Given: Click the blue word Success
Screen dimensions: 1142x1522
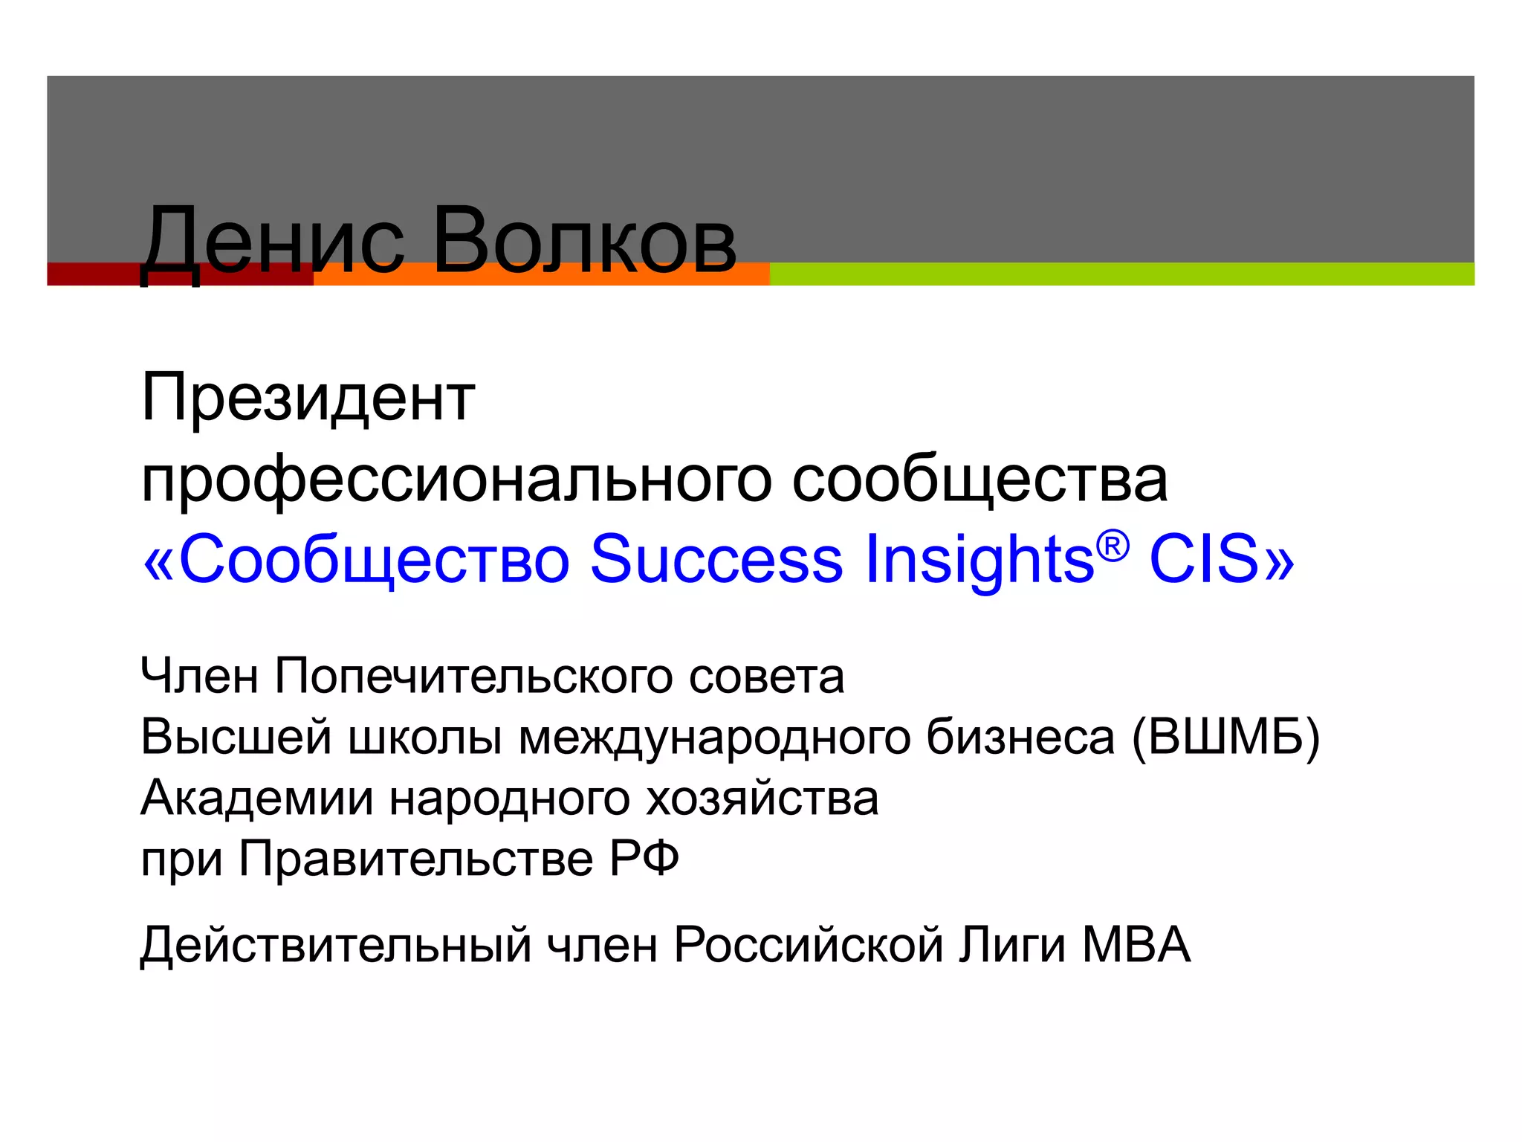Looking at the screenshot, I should (716, 559).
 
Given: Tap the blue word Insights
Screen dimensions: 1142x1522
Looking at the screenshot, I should (979, 559).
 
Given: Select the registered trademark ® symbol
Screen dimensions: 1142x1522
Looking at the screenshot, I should (1113, 547).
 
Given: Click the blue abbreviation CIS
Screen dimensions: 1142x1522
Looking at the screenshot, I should (1204, 559).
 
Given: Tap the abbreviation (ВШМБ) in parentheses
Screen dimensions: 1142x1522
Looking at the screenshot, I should (1225, 738).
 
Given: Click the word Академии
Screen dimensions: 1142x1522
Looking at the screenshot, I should (256, 799).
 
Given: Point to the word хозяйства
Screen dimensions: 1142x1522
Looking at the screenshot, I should (762, 799).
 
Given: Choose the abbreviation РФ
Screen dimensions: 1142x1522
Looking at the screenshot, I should (644, 859).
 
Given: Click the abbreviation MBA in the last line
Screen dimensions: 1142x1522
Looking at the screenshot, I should (1136, 946).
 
